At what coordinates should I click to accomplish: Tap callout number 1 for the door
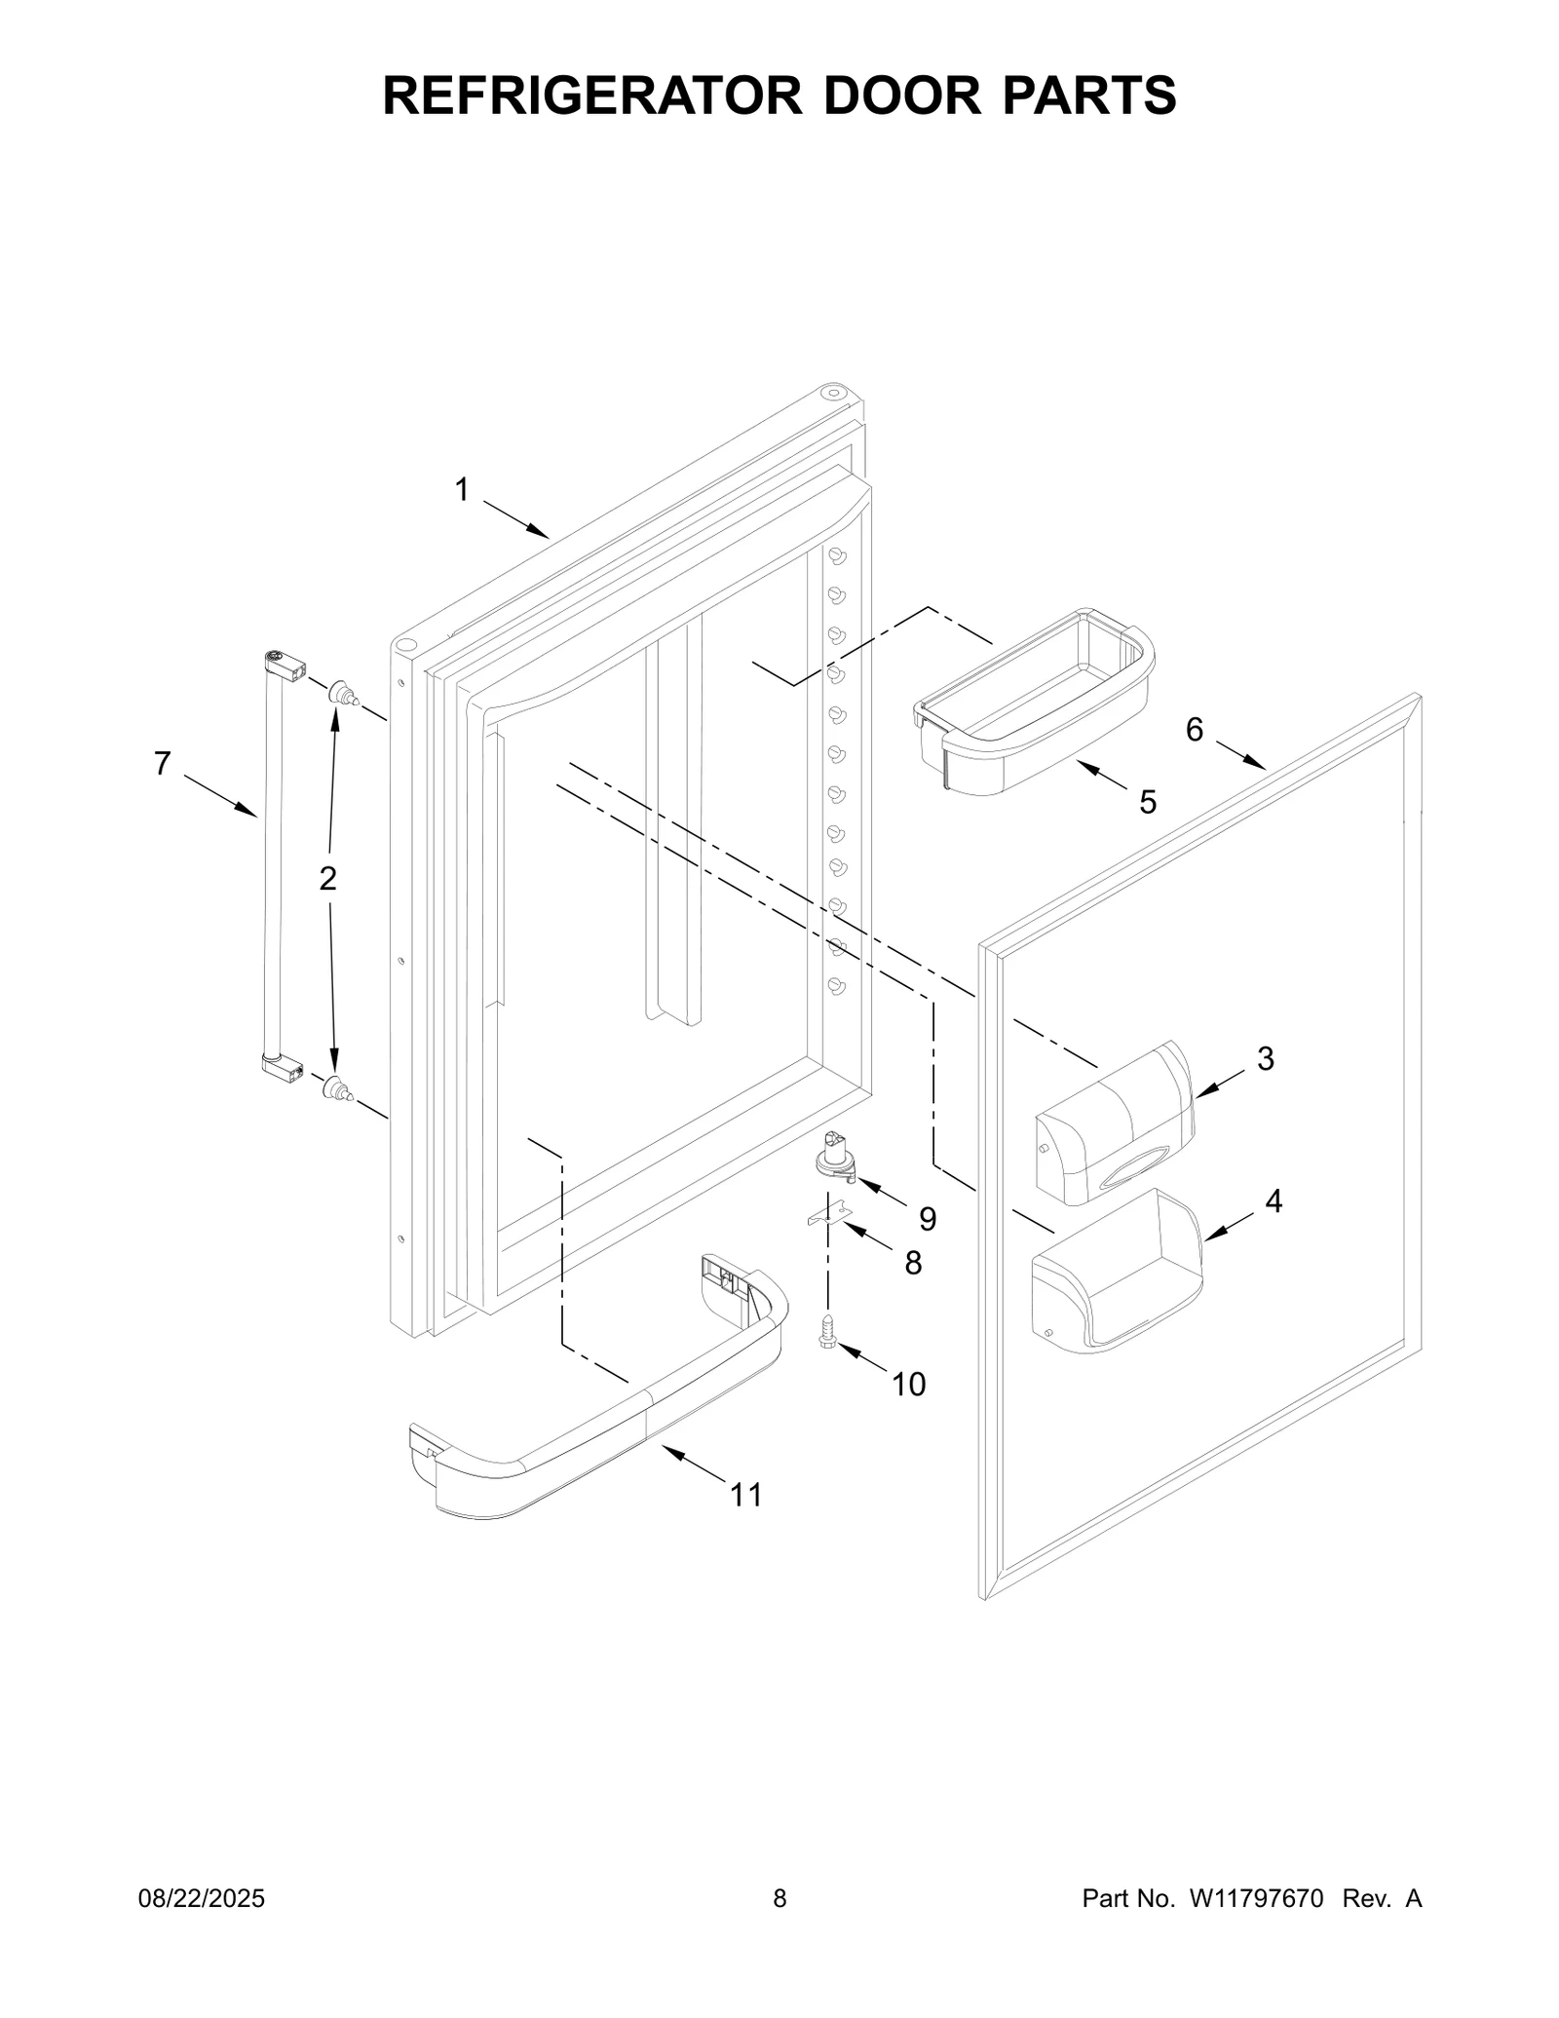click(462, 489)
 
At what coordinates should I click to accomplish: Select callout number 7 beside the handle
click(163, 763)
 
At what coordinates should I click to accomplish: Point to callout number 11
click(746, 1495)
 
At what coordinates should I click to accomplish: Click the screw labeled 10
click(828, 1332)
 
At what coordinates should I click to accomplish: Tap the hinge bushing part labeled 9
click(834, 1157)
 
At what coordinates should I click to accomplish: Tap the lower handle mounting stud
click(336, 1089)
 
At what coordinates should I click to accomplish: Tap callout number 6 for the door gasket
click(1195, 729)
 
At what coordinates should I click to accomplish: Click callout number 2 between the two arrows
click(328, 878)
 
